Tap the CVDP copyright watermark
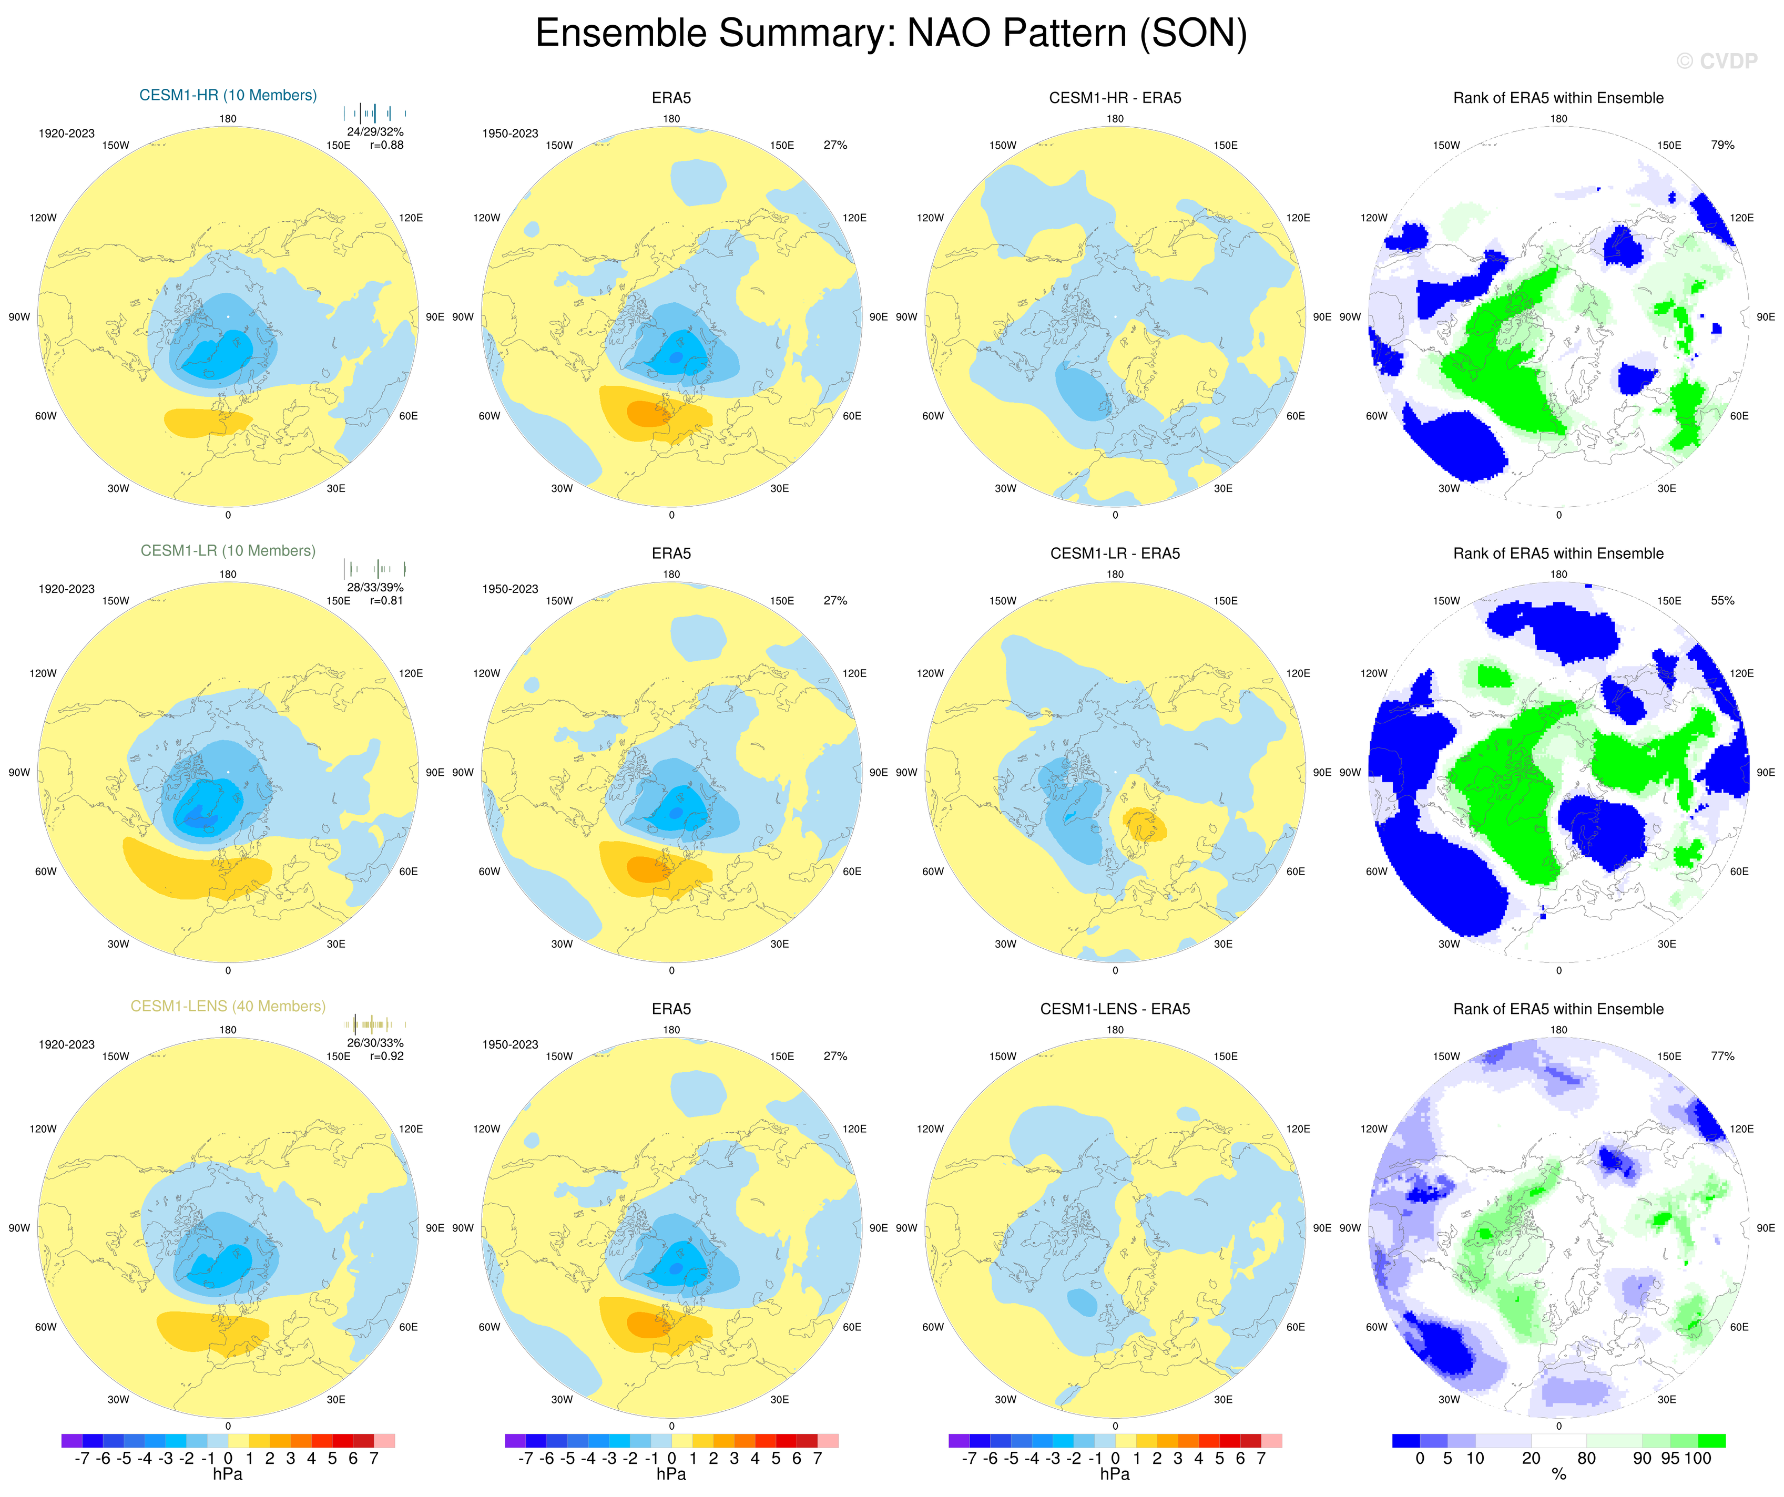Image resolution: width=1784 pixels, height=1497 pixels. click(1716, 61)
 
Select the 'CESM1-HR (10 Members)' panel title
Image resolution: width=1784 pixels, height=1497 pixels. click(228, 95)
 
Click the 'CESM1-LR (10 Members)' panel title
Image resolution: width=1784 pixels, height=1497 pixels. click(228, 550)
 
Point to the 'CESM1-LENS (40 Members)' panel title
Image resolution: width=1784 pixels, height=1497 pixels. click(228, 1006)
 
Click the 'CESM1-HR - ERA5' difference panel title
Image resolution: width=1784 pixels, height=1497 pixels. click(1115, 98)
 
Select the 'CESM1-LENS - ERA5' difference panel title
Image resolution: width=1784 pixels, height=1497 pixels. click(1115, 1009)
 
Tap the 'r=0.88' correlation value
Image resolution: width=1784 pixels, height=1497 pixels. click(386, 145)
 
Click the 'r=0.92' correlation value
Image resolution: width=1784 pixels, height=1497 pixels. click(386, 1057)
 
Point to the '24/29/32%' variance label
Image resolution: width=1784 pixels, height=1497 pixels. click(375, 131)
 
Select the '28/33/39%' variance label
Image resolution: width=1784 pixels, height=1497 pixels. click(375, 588)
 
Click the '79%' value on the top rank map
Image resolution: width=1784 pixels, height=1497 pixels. click(1722, 145)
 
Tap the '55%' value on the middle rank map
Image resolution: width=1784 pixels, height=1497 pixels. click(1722, 600)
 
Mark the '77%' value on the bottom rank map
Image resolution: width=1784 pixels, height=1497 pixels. click(1722, 1057)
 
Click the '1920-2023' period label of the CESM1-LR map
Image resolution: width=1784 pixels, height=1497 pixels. click(66, 589)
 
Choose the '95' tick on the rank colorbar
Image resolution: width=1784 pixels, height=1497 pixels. click(1670, 1459)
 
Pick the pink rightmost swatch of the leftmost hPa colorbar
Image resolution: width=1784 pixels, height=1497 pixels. click(384, 1441)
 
